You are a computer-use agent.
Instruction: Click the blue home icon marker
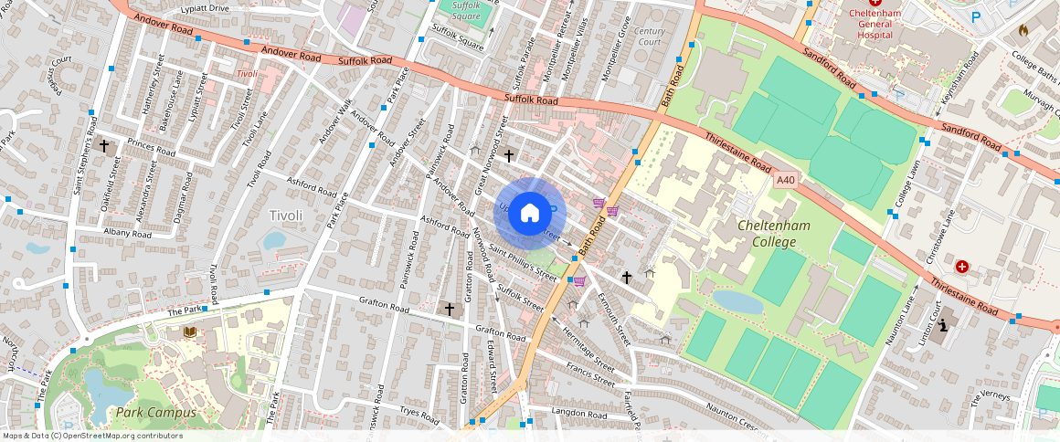point(530,213)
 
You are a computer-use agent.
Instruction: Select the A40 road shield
point(784,181)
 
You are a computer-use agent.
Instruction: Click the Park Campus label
point(155,413)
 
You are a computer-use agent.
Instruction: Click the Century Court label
point(650,37)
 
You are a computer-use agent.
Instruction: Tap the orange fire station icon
point(1024,30)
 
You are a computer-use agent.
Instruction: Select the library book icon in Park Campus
point(190,331)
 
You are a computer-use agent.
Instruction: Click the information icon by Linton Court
point(944,324)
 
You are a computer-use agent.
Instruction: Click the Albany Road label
point(128,234)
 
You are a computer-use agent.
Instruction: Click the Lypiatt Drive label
point(205,8)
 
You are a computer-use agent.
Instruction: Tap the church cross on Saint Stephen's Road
point(104,145)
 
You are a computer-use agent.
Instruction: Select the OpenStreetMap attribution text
point(91,436)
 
